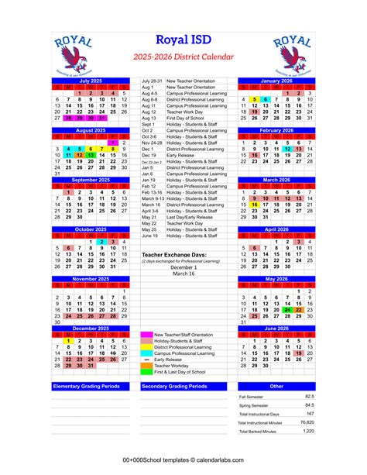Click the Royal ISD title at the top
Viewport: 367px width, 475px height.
pyautogui.click(x=183, y=40)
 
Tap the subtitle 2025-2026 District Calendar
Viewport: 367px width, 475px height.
pyautogui.click(x=183, y=57)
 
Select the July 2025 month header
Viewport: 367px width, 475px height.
pyautogui.click(x=91, y=81)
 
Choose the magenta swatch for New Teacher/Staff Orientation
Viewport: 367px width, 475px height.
pyautogui.click(x=146, y=334)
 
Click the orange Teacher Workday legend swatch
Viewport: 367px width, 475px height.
pyautogui.click(x=146, y=366)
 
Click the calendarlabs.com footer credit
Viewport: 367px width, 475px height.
pyautogui.click(x=183, y=462)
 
